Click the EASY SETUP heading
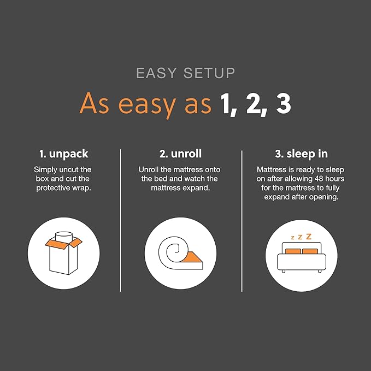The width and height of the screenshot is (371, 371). pyautogui.click(x=185, y=73)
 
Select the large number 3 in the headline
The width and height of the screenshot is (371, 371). pyautogui.click(x=282, y=104)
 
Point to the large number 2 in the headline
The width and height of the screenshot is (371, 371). pyautogui.click(x=253, y=104)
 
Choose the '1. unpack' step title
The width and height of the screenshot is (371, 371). pyautogui.click(x=63, y=155)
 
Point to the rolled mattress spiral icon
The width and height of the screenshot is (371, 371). pyautogui.click(x=176, y=253)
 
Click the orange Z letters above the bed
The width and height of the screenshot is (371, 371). pyautogui.click(x=302, y=237)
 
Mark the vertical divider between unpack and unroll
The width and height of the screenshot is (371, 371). pyautogui.click(x=120, y=219)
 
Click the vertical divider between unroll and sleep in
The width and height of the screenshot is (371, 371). pyautogui.click(x=242, y=219)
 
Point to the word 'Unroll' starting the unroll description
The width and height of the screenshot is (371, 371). pyautogui.click(x=150, y=170)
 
